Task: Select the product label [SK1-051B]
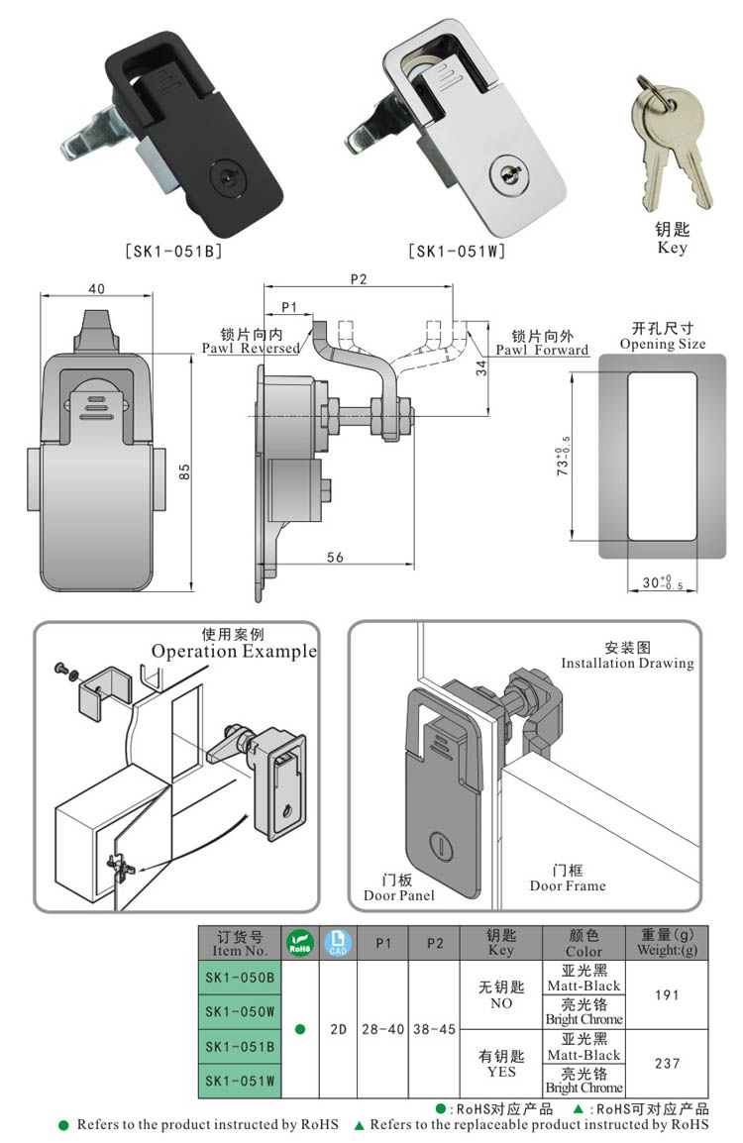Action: [173, 252]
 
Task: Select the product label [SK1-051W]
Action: [457, 252]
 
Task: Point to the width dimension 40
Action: [96, 288]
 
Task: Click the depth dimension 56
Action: [335, 559]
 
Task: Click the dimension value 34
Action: [482, 369]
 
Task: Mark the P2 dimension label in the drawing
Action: [359, 280]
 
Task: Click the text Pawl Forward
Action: [542, 350]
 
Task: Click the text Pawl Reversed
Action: [251, 349]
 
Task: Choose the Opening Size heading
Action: [663, 344]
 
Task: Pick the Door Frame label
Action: [567, 885]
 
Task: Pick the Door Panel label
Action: [398, 895]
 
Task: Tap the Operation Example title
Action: [234, 651]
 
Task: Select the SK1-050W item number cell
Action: [240, 1011]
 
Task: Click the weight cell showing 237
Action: [668, 1063]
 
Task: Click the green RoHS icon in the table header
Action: [299, 943]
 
